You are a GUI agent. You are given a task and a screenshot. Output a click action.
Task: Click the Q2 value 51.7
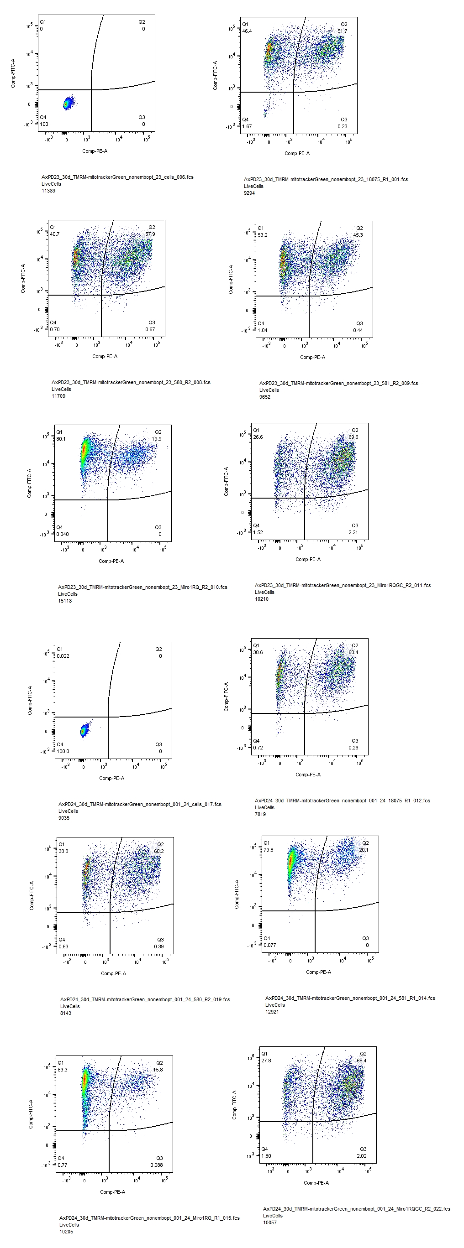[x=343, y=31]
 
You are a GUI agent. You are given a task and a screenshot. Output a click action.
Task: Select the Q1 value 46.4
[x=247, y=31]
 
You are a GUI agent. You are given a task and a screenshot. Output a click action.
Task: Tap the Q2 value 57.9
[x=150, y=234]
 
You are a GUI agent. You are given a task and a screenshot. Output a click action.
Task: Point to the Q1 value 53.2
[x=262, y=235]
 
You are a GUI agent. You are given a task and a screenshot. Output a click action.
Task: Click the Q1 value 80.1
[x=61, y=439]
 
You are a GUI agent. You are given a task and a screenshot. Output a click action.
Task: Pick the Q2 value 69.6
[x=353, y=437]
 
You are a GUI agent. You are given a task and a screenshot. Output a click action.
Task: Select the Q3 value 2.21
[x=353, y=532]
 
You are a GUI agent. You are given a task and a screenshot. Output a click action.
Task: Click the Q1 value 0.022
[x=63, y=656]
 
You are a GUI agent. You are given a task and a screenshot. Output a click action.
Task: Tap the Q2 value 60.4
[x=353, y=653]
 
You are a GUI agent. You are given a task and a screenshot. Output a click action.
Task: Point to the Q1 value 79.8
[x=268, y=850]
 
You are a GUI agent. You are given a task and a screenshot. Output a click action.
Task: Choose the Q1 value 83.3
[x=63, y=1070]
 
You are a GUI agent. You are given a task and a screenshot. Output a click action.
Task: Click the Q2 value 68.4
[x=362, y=1061]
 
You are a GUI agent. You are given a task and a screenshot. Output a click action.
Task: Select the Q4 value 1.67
[x=247, y=127]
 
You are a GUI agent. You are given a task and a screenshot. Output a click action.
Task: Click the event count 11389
[x=48, y=191]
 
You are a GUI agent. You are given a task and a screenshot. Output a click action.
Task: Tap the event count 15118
[x=65, y=601]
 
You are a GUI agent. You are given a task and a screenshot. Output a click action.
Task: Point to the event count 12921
[x=272, y=1012]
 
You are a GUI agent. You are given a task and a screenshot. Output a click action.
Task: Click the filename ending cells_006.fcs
[x=117, y=177]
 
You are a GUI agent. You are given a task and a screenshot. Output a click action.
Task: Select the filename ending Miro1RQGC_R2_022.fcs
[x=356, y=1209]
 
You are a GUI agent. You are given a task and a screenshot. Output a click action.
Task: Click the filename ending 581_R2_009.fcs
[x=338, y=383]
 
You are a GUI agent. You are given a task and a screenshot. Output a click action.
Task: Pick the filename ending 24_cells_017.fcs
[x=140, y=804]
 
